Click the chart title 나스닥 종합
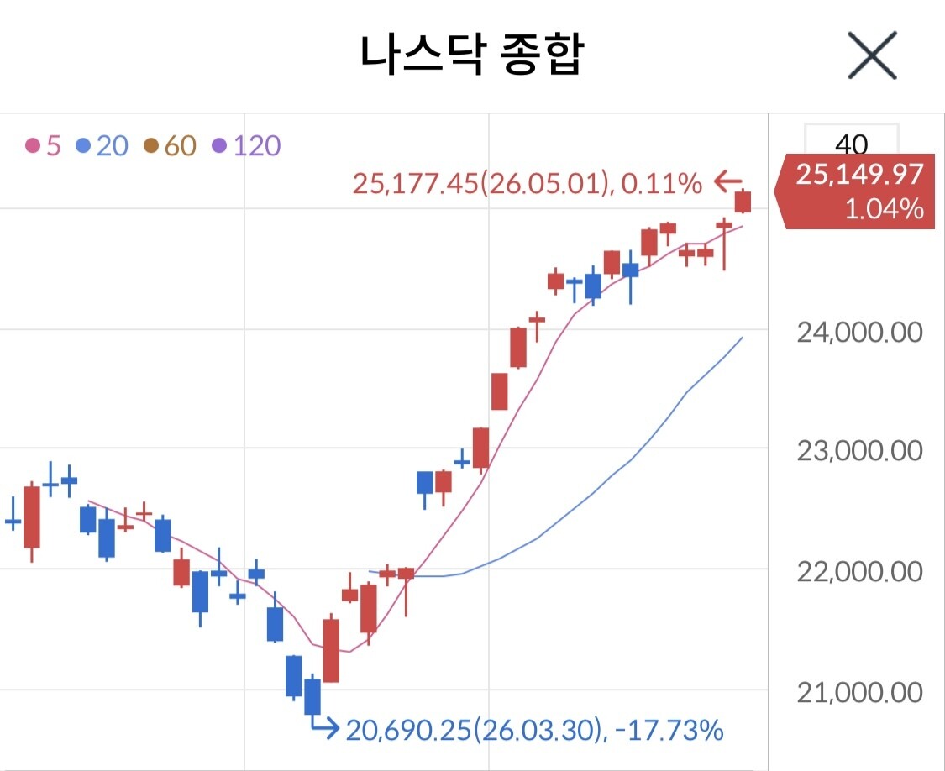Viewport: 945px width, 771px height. [x=471, y=55]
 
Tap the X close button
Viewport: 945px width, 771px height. [x=872, y=55]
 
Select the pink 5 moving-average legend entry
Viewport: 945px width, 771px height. [x=44, y=146]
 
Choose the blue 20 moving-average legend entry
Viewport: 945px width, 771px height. [x=102, y=146]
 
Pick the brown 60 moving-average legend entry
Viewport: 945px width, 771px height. [x=171, y=146]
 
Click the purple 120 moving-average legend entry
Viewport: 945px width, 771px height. [x=246, y=146]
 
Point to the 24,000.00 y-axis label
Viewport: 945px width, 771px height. [x=859, y=332]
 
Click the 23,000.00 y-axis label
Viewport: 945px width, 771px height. [x=859, y=451]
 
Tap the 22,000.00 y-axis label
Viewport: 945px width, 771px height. [x=859, y=571]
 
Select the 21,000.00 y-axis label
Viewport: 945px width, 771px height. [x=859, y=693]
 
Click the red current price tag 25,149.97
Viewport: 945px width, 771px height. [x=859, y=175]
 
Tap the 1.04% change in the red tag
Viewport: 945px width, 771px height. [x=885, y=209]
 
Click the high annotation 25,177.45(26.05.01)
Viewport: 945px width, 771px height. [x=480, y=183]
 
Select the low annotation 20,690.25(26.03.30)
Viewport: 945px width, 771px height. [x=474, y=730]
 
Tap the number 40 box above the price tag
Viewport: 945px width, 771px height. [x=852, y=143]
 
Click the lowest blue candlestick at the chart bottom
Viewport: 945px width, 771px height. [x=312, y=696]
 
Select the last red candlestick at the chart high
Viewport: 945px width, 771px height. [x=743, y=202]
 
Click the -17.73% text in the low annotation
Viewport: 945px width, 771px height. [x=669, y=730]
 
